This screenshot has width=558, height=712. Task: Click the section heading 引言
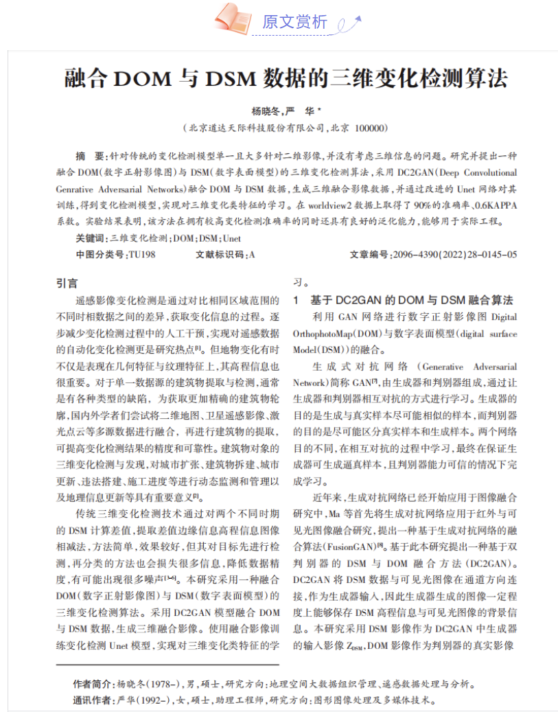tap(67, 283)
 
